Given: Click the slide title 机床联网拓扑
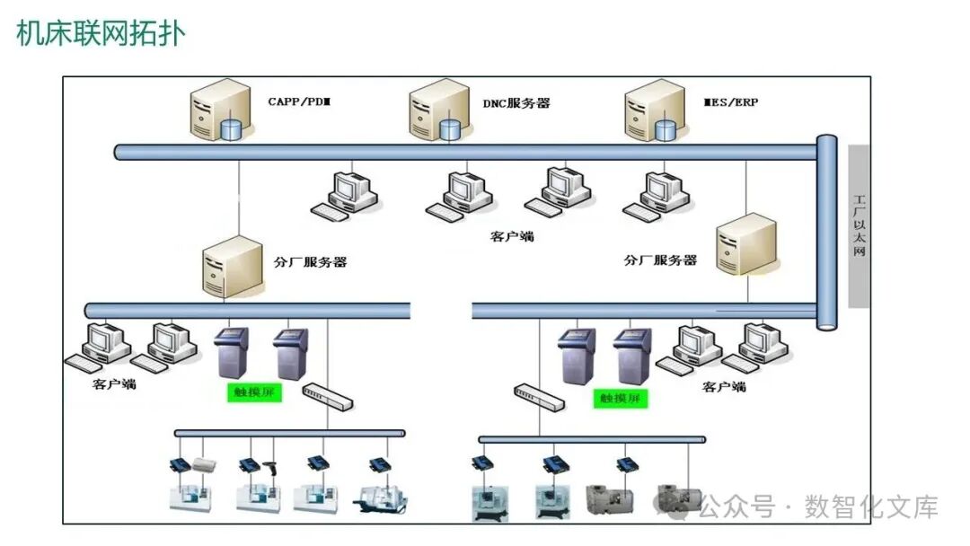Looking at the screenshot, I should click(x=101, y=34).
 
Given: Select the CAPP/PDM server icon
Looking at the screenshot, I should click(x=218, y=111).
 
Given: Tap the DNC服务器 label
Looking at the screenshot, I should click(x=516, y=103).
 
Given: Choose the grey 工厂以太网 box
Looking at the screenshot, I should click(x=860, y=226).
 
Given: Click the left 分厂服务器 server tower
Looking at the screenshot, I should click(x=231, y=267).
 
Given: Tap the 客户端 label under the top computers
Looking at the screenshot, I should click(x=512, y=237).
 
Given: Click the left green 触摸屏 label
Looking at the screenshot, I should click(x=253, y=392).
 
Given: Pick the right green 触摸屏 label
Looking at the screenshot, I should click(x=621, y=398).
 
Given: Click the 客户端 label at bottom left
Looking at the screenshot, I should click(x=114, y=384).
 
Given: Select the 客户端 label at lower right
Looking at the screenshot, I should click(x=724, y=387).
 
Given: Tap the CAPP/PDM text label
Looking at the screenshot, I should click(x=299, y=102).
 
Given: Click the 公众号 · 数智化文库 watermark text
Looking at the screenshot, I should click(x=817, y=507).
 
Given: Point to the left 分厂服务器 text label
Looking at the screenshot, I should click(x=310, y=262).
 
